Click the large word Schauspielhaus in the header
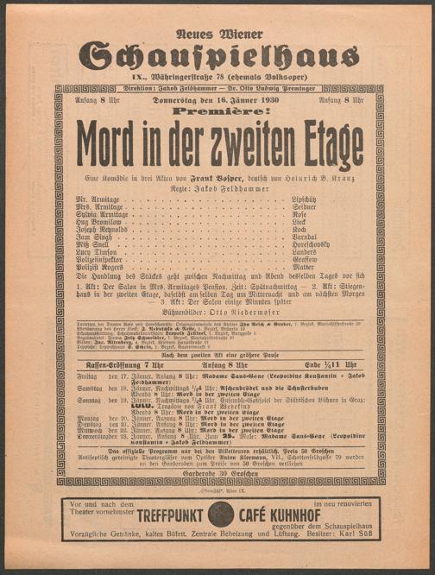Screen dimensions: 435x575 (x=218, y=55)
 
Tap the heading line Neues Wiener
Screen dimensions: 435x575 (x=217, y=34)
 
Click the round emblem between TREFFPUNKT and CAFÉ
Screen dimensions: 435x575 (x=221, y=515)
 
